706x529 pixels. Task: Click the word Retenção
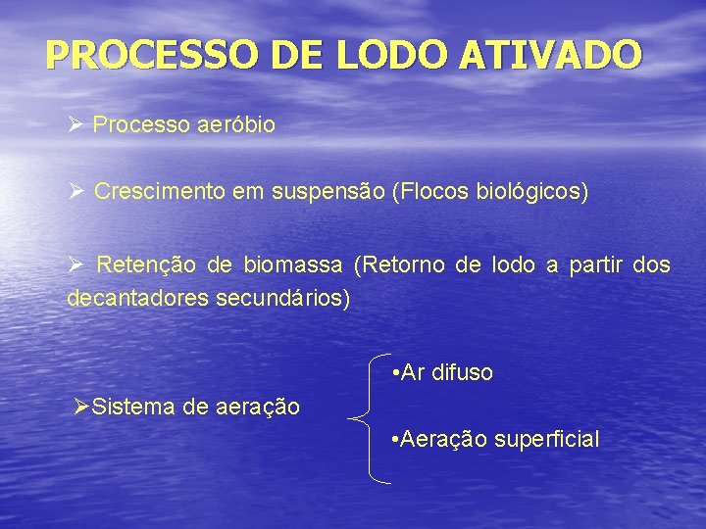click(144, 265)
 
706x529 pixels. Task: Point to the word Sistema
click(132, 406)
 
